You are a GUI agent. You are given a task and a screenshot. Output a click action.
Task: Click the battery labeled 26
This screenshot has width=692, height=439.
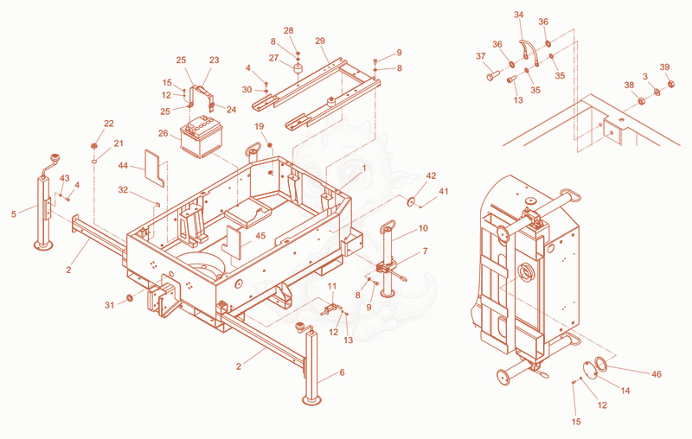pos(202,137)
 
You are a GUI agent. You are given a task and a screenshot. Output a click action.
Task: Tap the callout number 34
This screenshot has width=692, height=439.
pos(518,15)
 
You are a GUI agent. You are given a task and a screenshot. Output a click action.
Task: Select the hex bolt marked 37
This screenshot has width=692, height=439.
pos(492,75)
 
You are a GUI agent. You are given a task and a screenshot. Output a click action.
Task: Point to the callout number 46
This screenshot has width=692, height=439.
pos(657,374)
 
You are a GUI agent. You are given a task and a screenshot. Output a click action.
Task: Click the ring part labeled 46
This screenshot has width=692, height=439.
pos(600,364)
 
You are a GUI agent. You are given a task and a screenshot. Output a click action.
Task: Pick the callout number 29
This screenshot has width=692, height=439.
pos(320,41)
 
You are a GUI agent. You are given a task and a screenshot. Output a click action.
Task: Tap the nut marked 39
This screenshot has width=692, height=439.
pos(670,83)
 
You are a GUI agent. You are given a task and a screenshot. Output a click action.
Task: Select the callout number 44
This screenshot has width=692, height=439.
pos(123,166)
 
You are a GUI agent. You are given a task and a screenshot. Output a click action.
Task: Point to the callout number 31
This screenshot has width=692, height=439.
pos(110,305)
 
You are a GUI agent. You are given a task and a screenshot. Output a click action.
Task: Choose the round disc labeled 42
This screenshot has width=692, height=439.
pos(413,201)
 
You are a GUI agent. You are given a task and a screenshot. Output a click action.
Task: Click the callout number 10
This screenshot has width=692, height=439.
pos(423,228)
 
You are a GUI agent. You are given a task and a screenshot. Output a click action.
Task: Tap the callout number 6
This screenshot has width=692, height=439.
pos(342,372)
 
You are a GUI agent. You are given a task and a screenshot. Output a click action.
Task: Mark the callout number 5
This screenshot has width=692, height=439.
pos(14,214)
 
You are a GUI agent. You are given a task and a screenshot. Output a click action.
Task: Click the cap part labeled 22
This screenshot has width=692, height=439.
pos(94,146)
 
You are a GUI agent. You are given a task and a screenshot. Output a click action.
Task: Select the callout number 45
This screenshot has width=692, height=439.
pos(260,236)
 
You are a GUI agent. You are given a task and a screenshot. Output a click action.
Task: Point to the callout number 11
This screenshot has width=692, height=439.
pos(332,286)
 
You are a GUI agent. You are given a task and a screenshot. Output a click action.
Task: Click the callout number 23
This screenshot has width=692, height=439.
pos(214,60)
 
